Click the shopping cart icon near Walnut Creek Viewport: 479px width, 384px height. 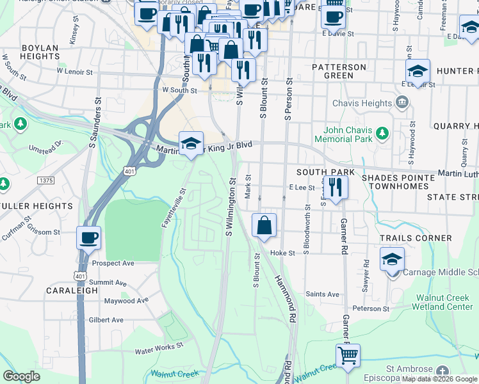pyautogui.click(x=348, y=355)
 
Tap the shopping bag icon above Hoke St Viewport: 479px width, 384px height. pyautogui.click(x=264, y=225)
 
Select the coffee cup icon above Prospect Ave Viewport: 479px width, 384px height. pyautogui.click(x=89, y=238)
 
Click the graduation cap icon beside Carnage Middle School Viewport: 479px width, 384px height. pyautogui.click(x=392, y=260)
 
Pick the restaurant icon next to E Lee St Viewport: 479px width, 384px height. pyautogui.click(x=336, y=187)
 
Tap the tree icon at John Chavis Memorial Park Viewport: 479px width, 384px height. pyautogui.click(x=382, y=133)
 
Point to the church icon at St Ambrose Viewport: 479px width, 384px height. pyautogui.click(x=442, y=371)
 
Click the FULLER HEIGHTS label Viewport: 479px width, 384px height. pyautogui.click(x=37, y=206)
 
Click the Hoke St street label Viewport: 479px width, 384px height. pyautogui.click(x=282, y=253)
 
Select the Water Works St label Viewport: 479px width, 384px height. pyautogui.click(x=159, y=351)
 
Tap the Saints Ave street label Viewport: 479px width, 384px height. pyautogui.click(x=318, y=294)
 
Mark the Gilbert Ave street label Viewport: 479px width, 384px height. pyautogui.click(x=106, y=319)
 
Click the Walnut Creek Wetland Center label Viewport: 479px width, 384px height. pyautogui.click(x=444, y=302)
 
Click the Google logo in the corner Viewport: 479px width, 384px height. pyautogui.click(x=21, y=376)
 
